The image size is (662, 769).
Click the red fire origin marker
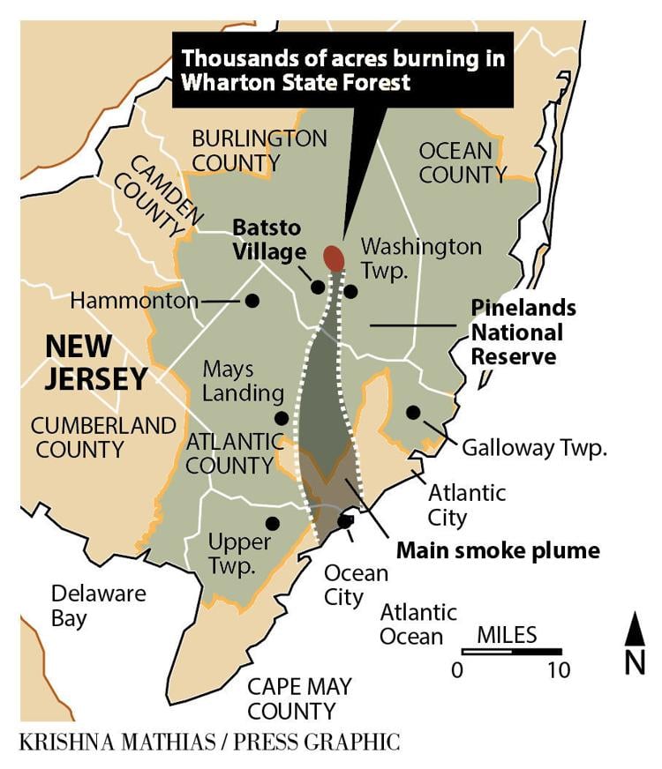point(334,258)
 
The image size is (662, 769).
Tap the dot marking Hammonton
point(252,301)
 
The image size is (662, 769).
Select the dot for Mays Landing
point(281,418)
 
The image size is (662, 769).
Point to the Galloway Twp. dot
point(413,412)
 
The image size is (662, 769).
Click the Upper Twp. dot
point(272,523)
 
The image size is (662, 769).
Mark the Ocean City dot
point(345,521)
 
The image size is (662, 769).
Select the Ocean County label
point(462,161)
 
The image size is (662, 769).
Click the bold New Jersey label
point(96,362)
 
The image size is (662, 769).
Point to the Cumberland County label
point(103,437)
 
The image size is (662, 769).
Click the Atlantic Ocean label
point(418,623)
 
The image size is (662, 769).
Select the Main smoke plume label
point(498,551)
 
